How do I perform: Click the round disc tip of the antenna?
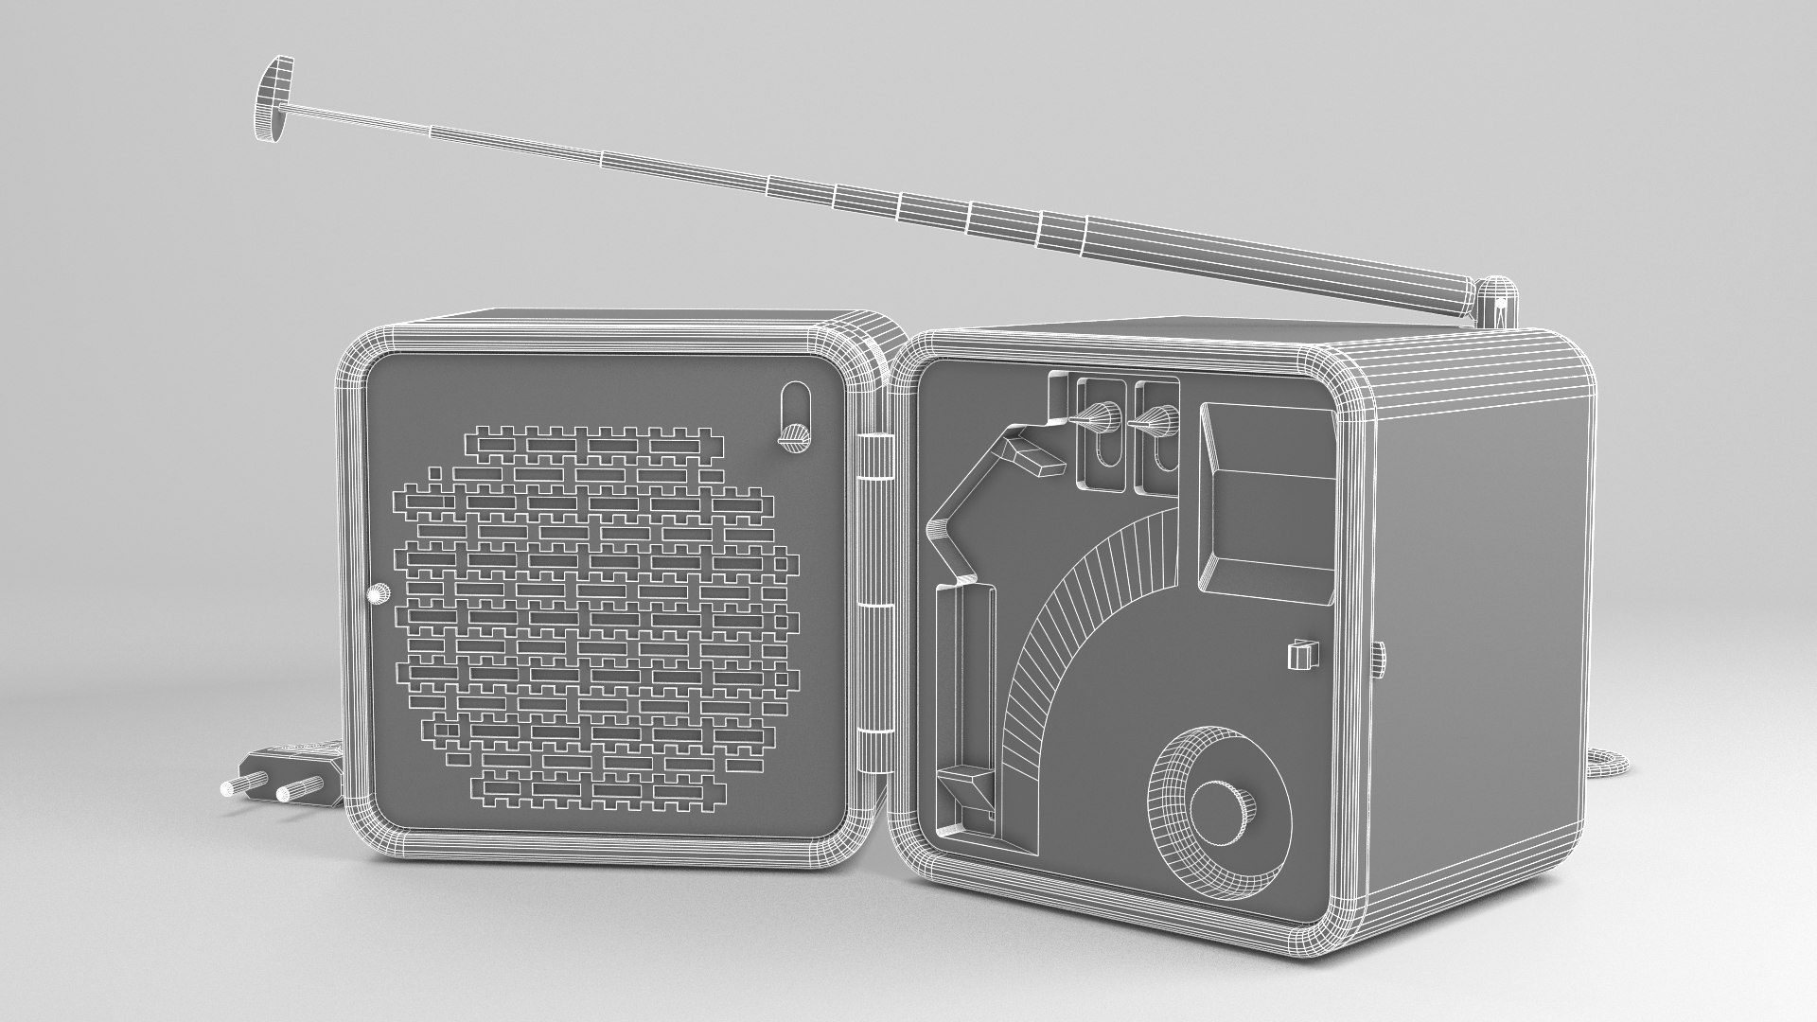(x=272, y=100)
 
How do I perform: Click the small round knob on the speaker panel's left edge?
(x=378, y=594)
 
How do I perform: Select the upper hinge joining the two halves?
(x=881, y=467)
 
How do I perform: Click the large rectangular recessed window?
(x=1268, y=502)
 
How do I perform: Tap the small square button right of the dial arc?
(x=1302, y=656)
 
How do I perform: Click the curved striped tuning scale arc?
(x=1069, y=643)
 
